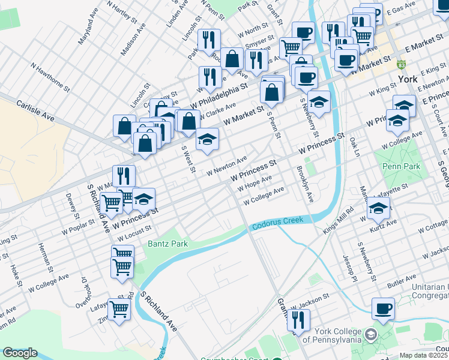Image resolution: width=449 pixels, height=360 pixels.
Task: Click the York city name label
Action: (x=407, y=79)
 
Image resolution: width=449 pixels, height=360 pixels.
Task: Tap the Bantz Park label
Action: (x=168, y=244)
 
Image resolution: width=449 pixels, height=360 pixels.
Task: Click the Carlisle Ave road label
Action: (x=36, y=112)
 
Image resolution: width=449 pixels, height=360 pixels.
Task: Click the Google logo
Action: (x=20, y=353)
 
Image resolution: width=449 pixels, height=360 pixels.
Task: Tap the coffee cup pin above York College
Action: (x=383, y=309)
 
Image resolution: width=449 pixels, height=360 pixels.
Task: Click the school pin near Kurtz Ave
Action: (x=378, y=209)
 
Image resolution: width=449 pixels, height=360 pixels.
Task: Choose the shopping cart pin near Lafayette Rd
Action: (x=119, y=310)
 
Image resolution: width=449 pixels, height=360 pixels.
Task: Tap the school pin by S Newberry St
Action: (x=319, y=102)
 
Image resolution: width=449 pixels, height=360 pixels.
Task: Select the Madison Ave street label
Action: (x=133, y=40)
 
